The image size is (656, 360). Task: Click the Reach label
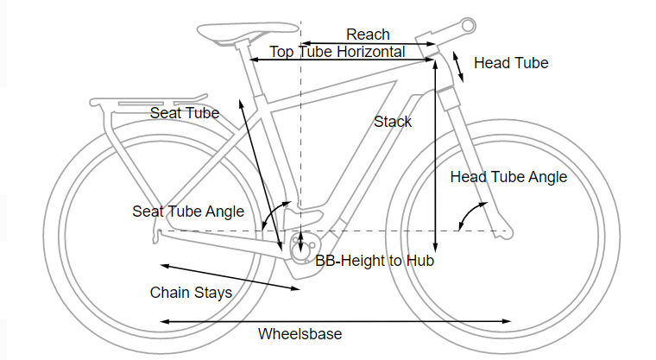pos(368,35)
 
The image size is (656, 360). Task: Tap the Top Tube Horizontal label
pos(337,52)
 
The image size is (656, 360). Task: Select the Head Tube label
pos(511,63)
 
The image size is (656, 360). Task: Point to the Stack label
pos(393,122)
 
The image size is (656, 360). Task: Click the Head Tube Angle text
pos(508,177)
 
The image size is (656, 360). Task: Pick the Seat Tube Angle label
pos(188,212)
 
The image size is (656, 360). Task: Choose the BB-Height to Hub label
pos(374,260)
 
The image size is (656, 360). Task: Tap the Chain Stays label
pos(191,293)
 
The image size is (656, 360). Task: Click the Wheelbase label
pos(300,334)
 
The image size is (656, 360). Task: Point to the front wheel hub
pos(504,231)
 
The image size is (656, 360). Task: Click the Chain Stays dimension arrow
pos(229,276)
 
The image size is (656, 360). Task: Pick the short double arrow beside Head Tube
pos(458,66)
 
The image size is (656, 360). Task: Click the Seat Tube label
pos(185,113)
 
